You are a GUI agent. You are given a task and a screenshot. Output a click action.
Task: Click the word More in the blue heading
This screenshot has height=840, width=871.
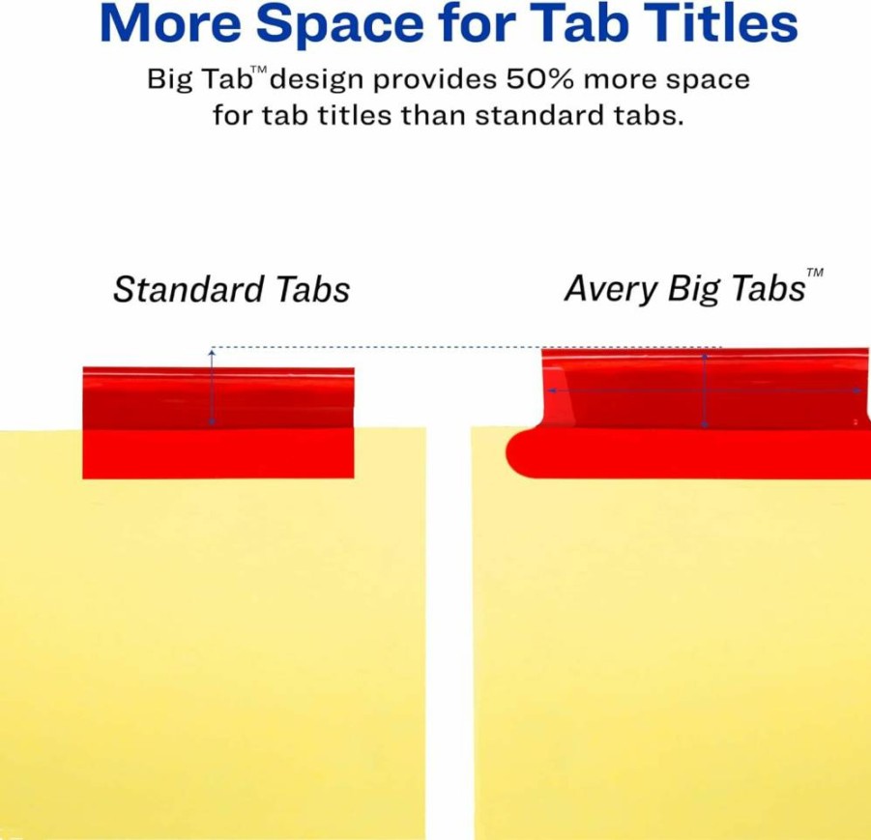pos(170,24)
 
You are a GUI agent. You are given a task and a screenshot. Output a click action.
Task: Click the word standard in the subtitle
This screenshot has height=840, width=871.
pos(538,115)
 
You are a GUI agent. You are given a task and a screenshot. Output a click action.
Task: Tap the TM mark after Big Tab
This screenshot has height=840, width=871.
pos(259,70)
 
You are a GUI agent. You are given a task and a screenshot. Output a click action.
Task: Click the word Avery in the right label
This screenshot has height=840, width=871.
pos(611,290)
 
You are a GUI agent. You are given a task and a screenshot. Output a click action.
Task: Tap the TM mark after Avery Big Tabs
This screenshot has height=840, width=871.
pos(815,273)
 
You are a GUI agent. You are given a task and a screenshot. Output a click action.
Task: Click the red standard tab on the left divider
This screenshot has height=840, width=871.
pos(218,422)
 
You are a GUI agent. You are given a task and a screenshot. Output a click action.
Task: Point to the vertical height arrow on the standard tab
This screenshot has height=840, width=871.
pos(212,387)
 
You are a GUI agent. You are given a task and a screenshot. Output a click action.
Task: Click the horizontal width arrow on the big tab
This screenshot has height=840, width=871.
pos(705,391)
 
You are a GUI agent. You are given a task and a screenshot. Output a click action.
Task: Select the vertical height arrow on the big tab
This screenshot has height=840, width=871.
pos(705,390)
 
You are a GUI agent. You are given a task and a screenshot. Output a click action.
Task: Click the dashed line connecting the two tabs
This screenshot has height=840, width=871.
pos(467,347)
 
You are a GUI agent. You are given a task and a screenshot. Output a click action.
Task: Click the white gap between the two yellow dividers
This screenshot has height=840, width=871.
pos(449,633)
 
